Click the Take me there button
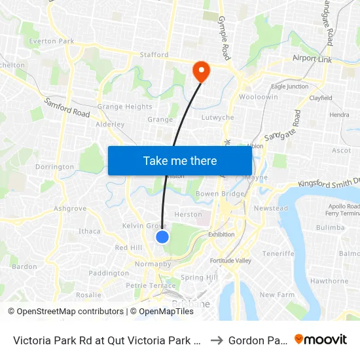tap(179, 160)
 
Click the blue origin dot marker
tap(162, 237)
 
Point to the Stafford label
tap(154, 55)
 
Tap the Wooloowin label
tap(259, 97)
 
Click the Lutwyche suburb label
tap(218, 118)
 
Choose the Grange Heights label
tap(124, 107)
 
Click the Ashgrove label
tap(70, 208)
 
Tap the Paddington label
tap(109, 273)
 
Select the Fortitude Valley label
tap(230, 261)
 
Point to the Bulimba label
tap(329, 227)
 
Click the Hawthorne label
tap(329, 281)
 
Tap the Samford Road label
tap(67, 108)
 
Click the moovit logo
tap(320, 339)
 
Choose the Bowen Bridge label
tap(220, 194)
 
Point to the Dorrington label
tap(54, 167)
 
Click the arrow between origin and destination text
tap(216, 340)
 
